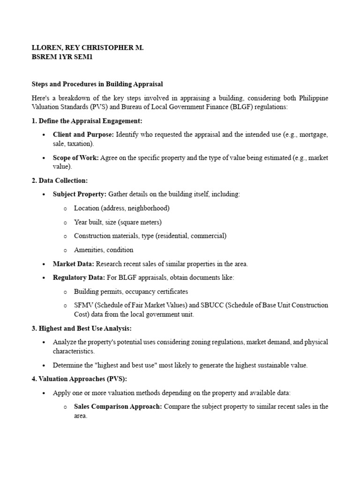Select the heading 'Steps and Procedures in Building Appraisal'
pos(97,84)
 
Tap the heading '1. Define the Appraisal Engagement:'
pos(87,121)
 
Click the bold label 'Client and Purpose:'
pos(83,135)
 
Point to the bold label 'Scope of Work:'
pos(75,157)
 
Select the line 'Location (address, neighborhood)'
pos(121,208)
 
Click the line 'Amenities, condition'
pos(104,250)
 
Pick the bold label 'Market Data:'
pos(74,264)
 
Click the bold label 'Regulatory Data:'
pos(79,277)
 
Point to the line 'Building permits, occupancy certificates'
pos(131,292)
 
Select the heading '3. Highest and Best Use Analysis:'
pos(82,328)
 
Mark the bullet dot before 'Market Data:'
pos(44,264)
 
